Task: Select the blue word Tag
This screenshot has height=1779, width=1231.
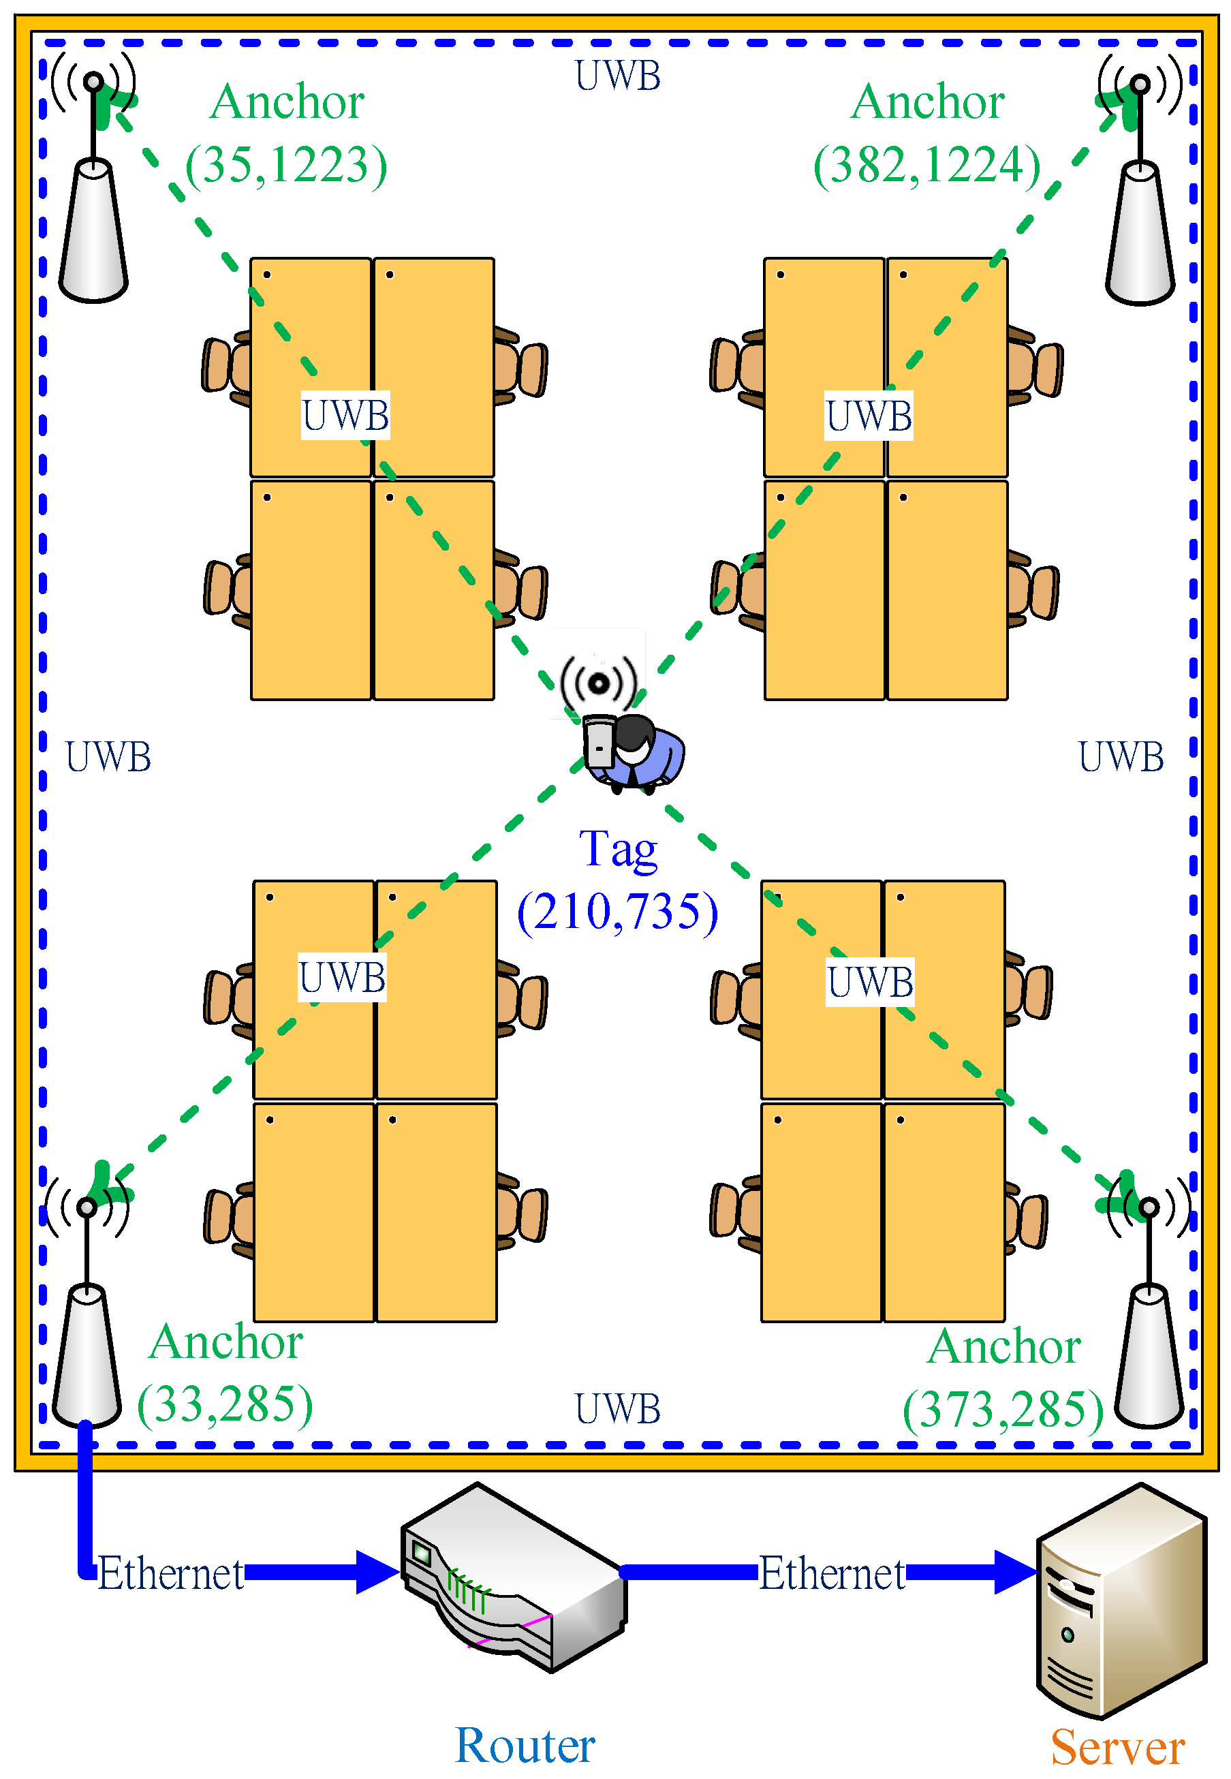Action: coord(618,850)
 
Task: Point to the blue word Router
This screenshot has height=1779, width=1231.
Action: coord(525,1745)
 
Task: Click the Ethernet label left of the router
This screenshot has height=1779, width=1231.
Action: coord(170,1574)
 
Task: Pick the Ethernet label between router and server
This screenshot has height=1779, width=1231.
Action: coord(832,1574)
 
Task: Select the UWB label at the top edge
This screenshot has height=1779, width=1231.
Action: coord(618,76)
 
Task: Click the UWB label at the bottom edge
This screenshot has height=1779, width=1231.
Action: coord(618,1409)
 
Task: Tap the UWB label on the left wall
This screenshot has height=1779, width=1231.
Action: coord(108,757)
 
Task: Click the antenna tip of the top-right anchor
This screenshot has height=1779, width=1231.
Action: coord(1140,82)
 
